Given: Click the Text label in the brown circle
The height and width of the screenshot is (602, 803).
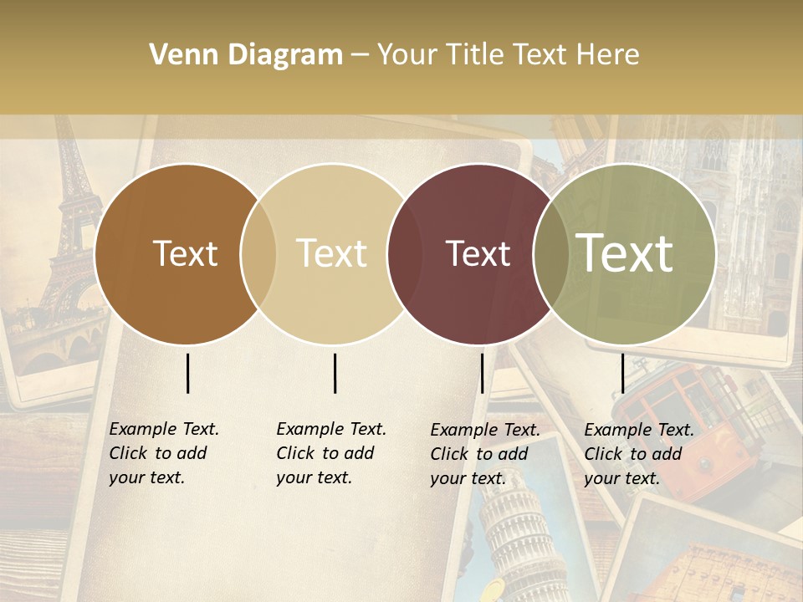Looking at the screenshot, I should pos(185,253).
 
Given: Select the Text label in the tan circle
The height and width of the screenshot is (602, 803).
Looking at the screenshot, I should pos(332,253).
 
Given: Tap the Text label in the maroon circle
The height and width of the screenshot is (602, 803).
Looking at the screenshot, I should pos(478,253).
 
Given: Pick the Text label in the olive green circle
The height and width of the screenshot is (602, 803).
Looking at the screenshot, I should pos(625,253).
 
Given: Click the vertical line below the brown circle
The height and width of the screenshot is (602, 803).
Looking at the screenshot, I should pos(188,373).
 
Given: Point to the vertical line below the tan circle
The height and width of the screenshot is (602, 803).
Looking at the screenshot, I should pos(335,373).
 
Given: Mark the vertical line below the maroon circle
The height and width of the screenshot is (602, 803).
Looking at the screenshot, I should pos(482,373).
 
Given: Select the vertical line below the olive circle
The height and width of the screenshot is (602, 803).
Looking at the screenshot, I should pos(622,373).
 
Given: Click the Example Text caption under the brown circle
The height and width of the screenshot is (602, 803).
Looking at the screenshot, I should pos(163,453).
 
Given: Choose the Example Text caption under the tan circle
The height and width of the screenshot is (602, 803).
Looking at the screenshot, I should pos(330,453).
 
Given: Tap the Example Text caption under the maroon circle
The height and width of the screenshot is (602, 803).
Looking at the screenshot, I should pos(484,454).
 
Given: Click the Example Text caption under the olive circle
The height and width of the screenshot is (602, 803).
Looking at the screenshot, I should pos(638,454).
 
